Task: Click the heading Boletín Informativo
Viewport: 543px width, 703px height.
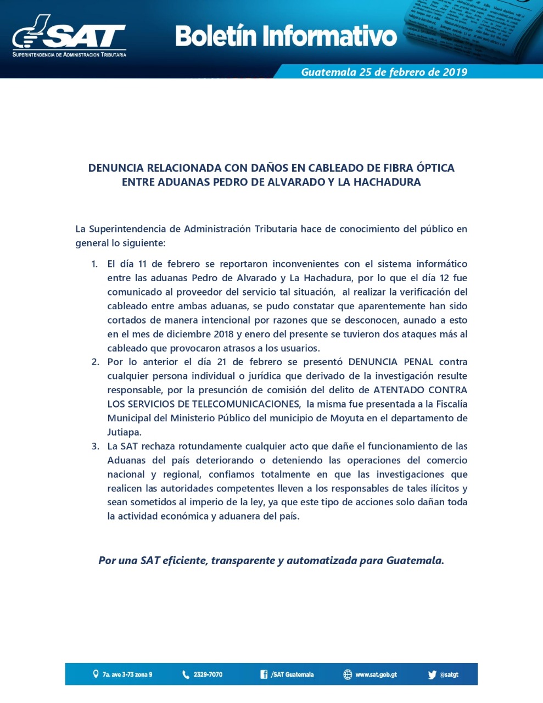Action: [286, 36]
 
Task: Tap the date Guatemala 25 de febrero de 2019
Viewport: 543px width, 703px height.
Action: [384, 72]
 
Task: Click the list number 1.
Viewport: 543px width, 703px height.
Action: [94, 264]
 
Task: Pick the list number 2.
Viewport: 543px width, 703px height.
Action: [95, 362]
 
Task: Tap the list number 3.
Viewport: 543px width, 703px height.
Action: [95, 446]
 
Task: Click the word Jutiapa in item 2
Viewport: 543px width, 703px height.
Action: [124, 432]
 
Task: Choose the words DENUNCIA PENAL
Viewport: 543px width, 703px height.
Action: [390, 362]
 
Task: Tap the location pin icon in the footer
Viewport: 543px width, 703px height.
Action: [96, 674]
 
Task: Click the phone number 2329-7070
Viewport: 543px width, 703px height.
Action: [208, 674]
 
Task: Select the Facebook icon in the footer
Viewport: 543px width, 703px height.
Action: [264, 674]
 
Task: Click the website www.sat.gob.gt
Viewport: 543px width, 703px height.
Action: [376, 674]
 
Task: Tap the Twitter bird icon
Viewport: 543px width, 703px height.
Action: [432, 674]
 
